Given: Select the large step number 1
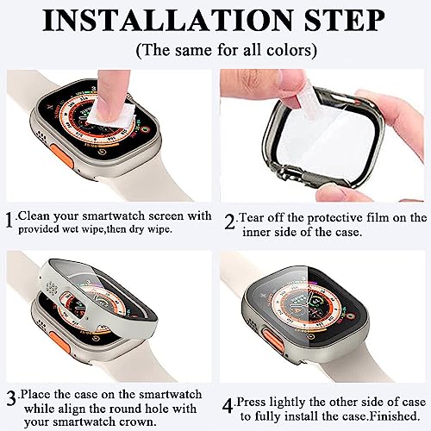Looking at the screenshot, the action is click(x=10, y=221).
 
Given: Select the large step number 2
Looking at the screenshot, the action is click(x=229, y=222).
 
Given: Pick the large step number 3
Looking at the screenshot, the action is click(x=11, y=399).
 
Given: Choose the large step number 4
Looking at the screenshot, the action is click(x=228, y=406).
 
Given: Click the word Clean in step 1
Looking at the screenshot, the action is click(x=34, y=215).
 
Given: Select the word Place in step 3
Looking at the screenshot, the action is click(x=35, y=394).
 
